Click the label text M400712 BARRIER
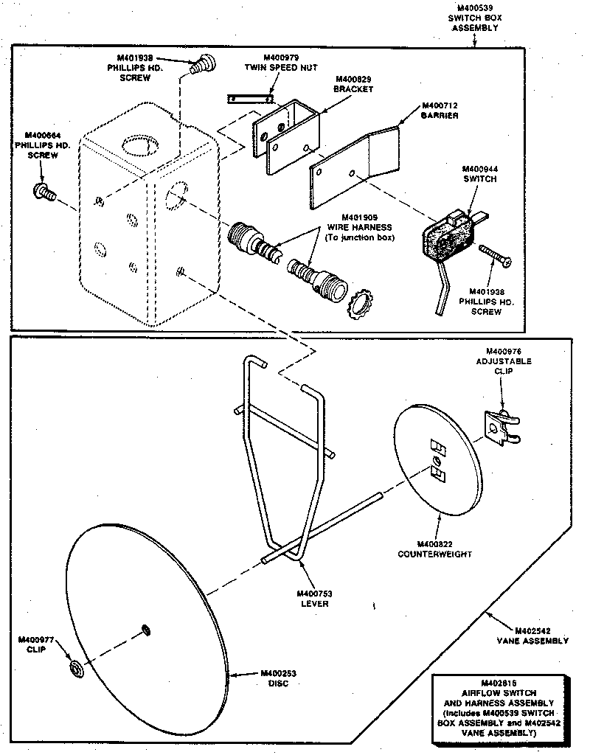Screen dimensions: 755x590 [440, 111]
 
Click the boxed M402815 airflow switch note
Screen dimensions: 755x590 [500, 708]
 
